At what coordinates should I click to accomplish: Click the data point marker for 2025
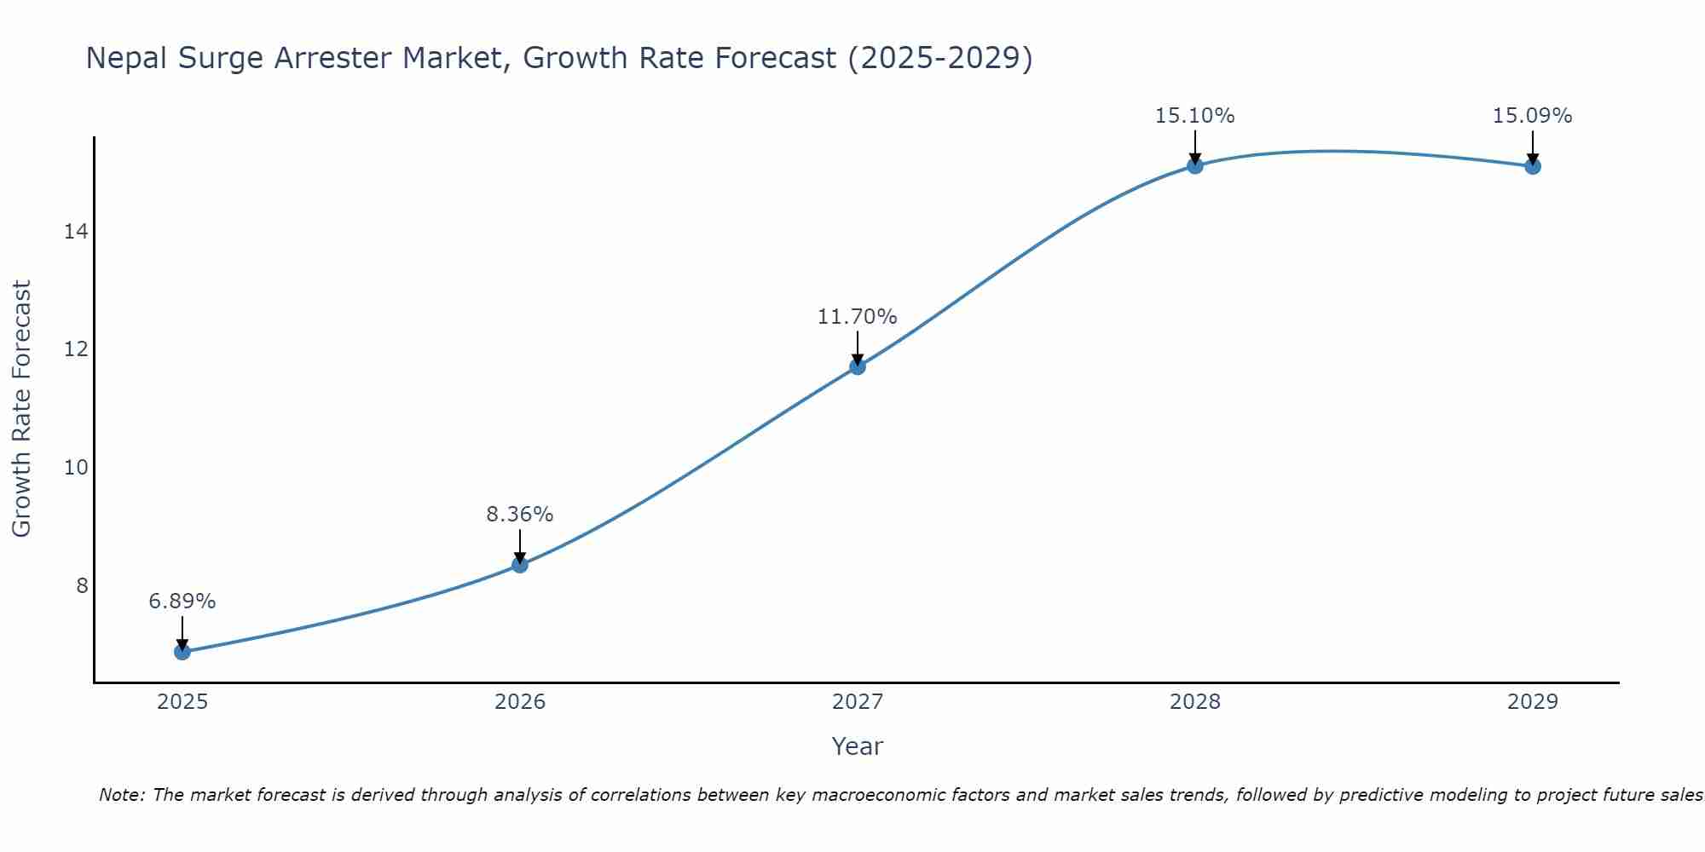click(182, 652)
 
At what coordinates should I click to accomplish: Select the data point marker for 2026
click(520, 564)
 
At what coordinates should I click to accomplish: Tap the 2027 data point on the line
click(858, 366)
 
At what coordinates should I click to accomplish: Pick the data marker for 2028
click(1195, 165)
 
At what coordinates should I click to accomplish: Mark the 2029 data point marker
click(1533, 166)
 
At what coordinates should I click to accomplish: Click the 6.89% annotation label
click(182, 602)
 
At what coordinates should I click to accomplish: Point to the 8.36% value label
click(520, 515)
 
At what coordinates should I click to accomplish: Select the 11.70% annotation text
click(858, 317)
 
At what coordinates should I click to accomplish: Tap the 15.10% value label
click(1195, 116)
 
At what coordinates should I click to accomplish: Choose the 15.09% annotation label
click(1533, 116)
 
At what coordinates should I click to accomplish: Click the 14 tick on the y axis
click(76, 232)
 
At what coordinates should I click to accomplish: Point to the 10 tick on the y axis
click(76, 468)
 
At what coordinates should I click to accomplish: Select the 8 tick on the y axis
click(82, 586)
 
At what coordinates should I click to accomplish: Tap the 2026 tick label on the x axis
click(520, 702)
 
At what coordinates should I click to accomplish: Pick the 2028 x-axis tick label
click(1195, 702)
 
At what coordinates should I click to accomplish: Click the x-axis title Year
click(858, 746)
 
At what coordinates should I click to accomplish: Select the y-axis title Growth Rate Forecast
click(22, 409)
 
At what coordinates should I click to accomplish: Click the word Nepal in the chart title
click(127, 58)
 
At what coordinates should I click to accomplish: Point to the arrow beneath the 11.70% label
click(858, 347)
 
